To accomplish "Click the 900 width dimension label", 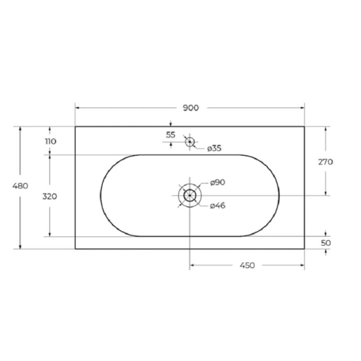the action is pyautogui.click(x=190, y=108).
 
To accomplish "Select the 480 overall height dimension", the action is pyautogui.click(x=20, y=185).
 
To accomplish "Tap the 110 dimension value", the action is pyautogui.click(x=51, y=141).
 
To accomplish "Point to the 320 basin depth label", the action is pyautogui.click(x=50, y=196).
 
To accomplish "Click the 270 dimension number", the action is pyautogui.click(x=325, y=162).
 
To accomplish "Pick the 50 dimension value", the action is pyautogui.click(x=326, y=243).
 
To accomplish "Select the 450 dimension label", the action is pyautogui.click(x=247, y=265).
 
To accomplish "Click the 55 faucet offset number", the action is pyautogui.click(x=171, y=134).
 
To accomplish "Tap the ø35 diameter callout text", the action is pyautogui.click(x=214, y=148).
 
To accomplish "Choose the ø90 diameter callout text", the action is pyautogui.click(x=218, y=183).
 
